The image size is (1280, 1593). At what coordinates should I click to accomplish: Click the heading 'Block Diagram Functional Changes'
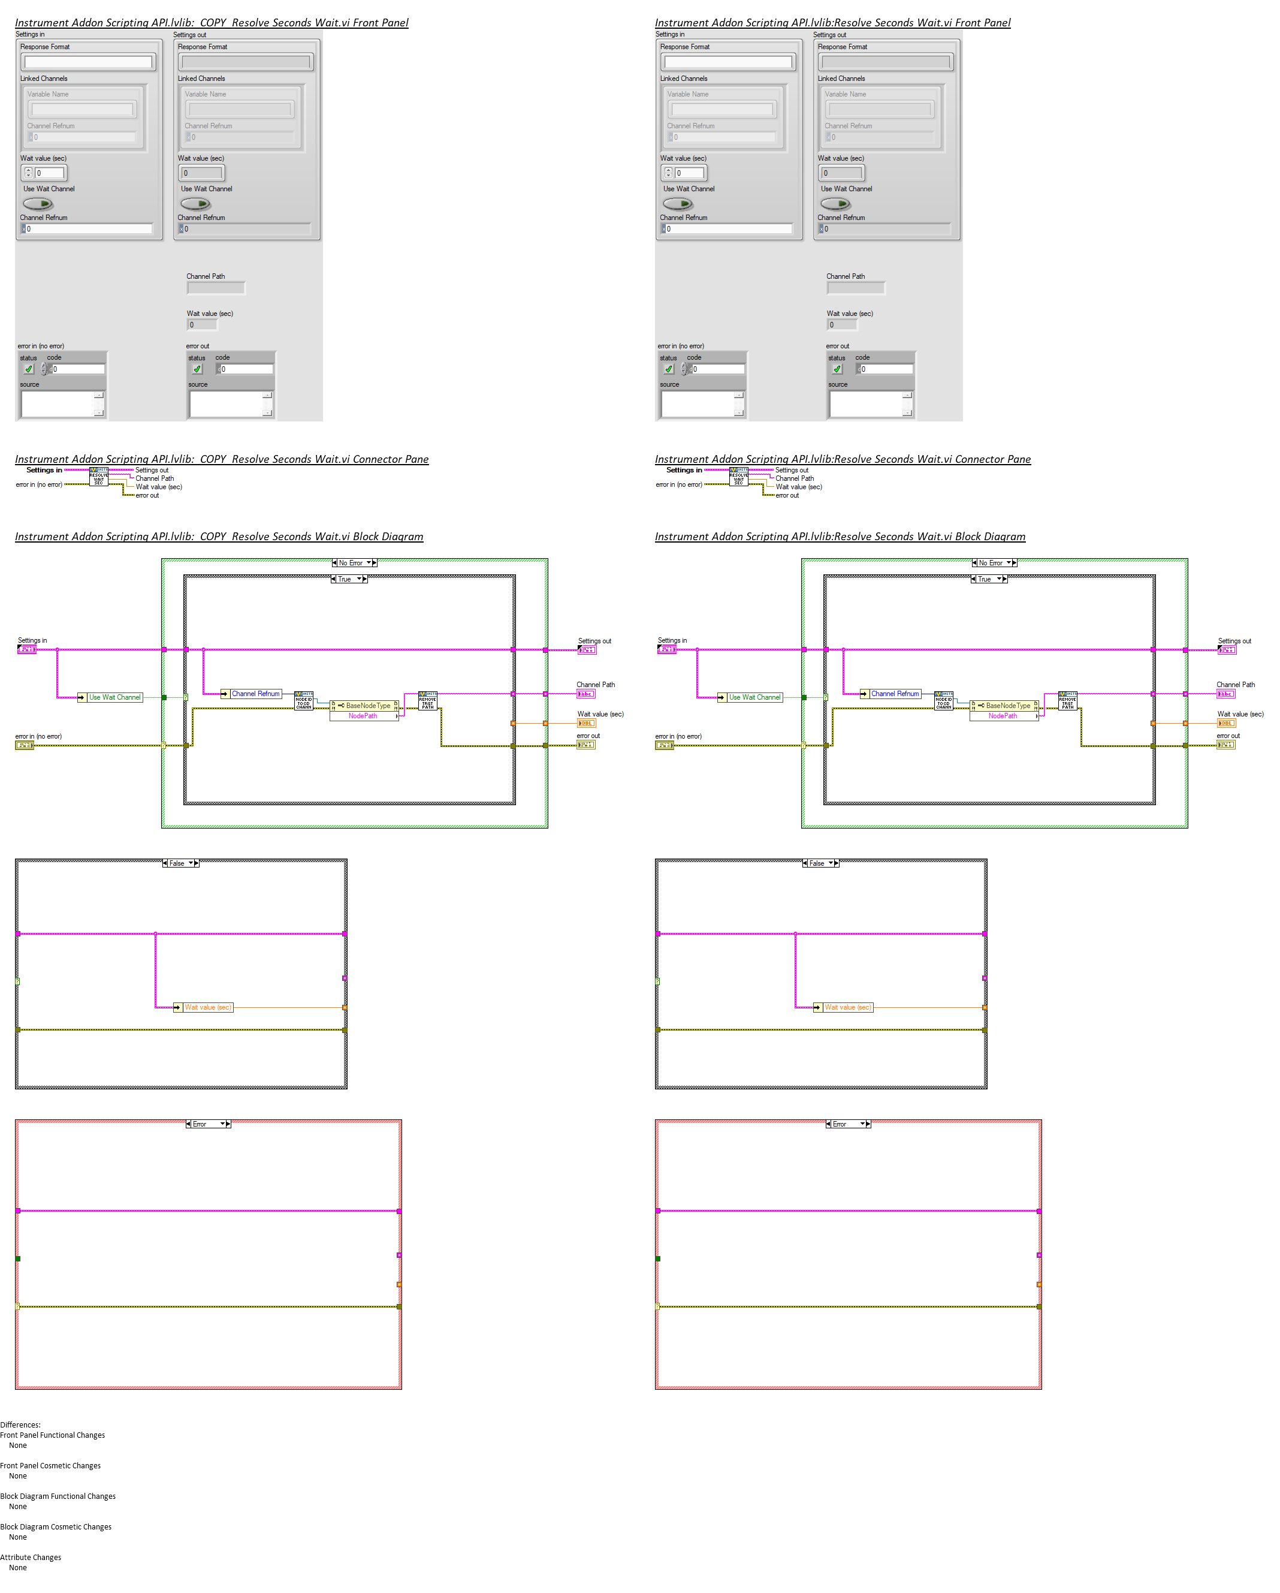pos(58,1496)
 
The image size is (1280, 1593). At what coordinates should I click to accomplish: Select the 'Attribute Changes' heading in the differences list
pos(31,1557)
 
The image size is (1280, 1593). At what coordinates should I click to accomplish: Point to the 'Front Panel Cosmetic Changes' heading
pos(50,1465)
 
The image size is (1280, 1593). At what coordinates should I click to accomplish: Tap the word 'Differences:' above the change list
pos(21,1425)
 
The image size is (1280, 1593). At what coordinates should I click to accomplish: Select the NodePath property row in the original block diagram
pos(1003,716)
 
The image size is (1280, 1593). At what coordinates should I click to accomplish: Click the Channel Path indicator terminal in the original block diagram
pos(1225,694)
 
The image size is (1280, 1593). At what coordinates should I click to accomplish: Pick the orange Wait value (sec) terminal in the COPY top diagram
pos(585,723)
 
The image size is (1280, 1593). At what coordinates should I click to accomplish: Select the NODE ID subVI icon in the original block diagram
pos(943,700)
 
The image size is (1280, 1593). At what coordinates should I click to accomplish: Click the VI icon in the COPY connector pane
pos(98,477)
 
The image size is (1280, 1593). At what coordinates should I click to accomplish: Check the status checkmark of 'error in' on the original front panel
pos(668,369)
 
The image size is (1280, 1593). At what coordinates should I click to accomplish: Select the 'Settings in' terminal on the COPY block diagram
pos(26,649)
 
